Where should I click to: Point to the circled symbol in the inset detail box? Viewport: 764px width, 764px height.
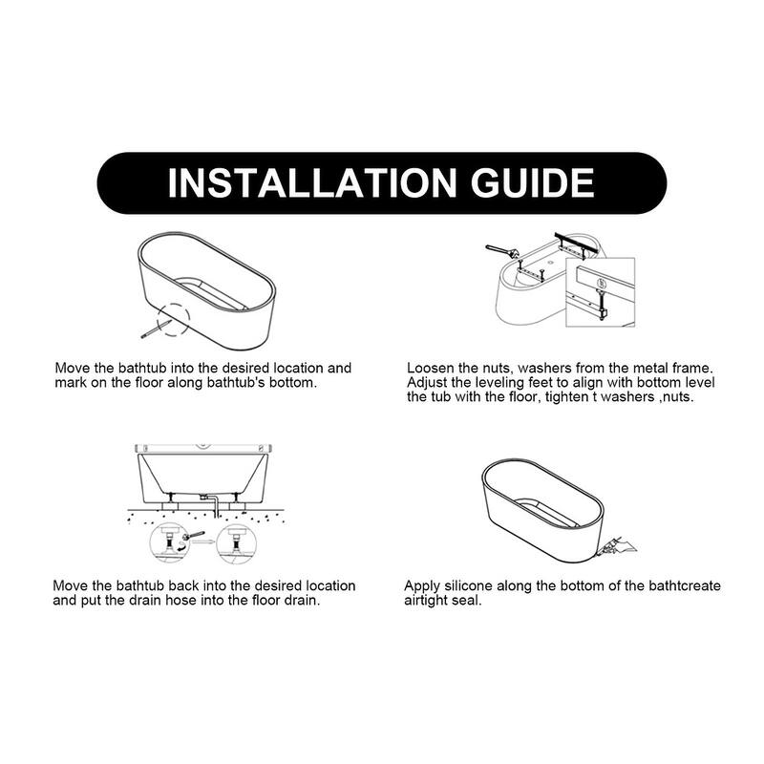[x=599, y=283]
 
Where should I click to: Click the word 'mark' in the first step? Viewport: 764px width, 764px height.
[x=73, y=382]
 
